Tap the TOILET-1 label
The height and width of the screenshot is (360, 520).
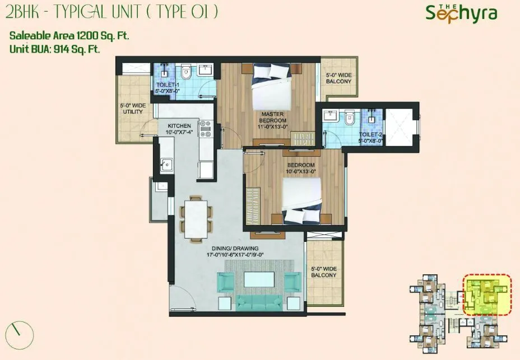point(167,88)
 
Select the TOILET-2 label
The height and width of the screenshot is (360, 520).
point(370,138)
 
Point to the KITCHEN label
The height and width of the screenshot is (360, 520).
point(179,129)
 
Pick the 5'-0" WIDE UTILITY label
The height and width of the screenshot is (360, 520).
point(132,108)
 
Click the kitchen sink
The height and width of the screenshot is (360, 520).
point(166,165)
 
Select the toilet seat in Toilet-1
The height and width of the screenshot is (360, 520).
point(187,72)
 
